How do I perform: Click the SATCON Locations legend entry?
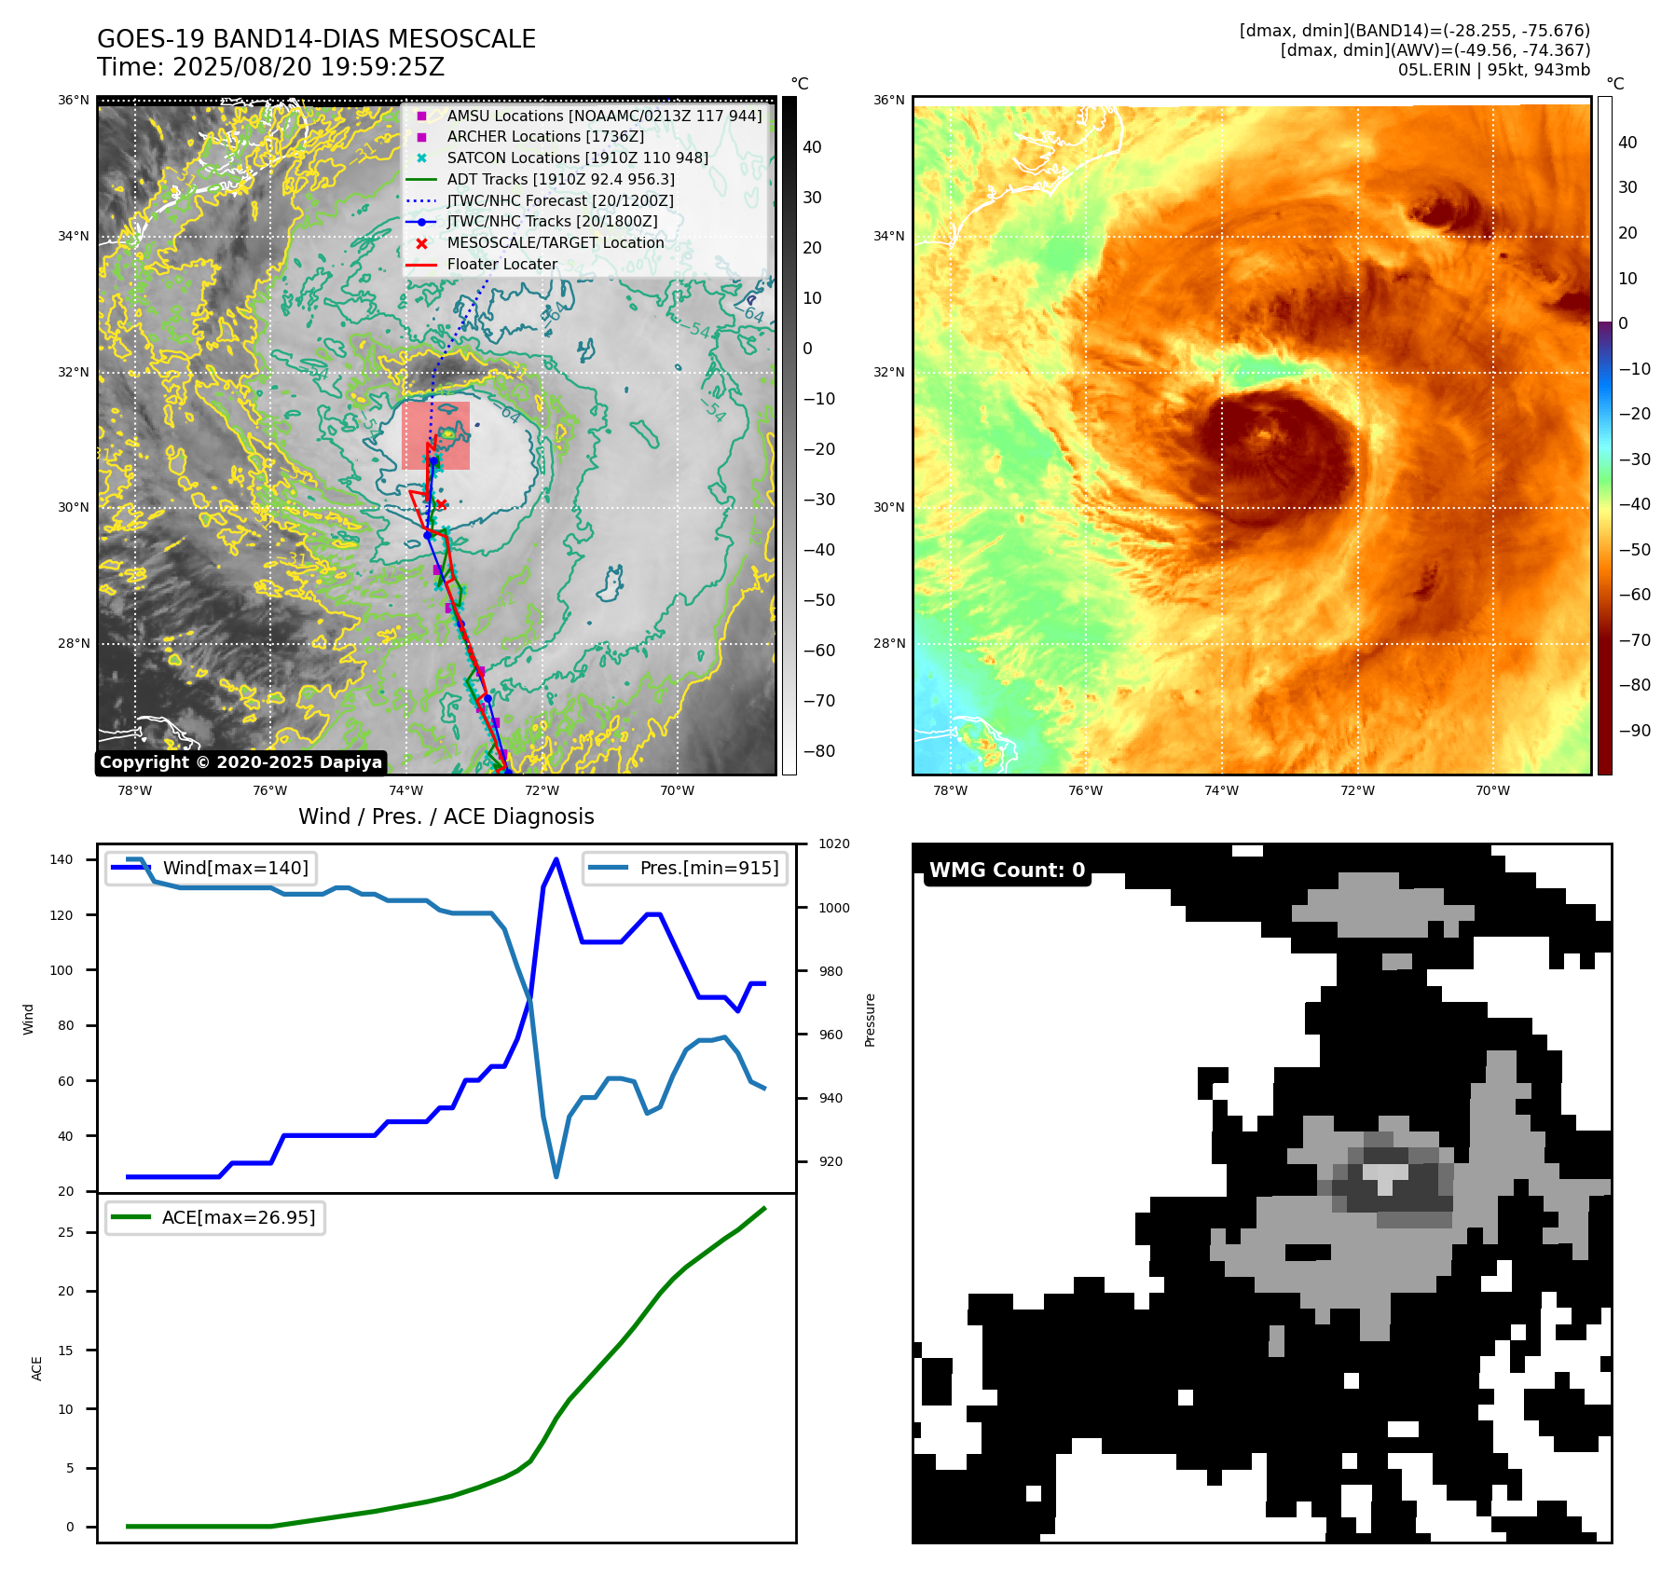(x=577, y=158)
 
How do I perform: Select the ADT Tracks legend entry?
(x=560, y=179)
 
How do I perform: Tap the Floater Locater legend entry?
(x=501, y=264)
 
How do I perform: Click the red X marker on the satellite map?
(x=442, y=505)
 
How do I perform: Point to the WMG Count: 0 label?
(x=1007, y=870)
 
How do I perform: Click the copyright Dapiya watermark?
(x=240, y=762)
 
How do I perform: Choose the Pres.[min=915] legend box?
(x=685, y=868)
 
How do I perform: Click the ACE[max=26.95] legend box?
(x=215, y=1217)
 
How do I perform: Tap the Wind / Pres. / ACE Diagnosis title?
(x=446, y=816)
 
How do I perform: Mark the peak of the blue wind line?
(x=556, y=859)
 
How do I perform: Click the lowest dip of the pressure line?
(x=556, y=1176)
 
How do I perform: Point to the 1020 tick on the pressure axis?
(x=833, y=844)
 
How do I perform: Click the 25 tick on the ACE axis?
(x=66, y=1232)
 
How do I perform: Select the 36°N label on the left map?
(x=74, y=101)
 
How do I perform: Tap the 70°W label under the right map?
(x=1492, y=790)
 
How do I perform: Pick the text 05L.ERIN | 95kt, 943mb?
(x=1493, y=70)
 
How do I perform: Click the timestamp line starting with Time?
(x=270, y=67)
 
